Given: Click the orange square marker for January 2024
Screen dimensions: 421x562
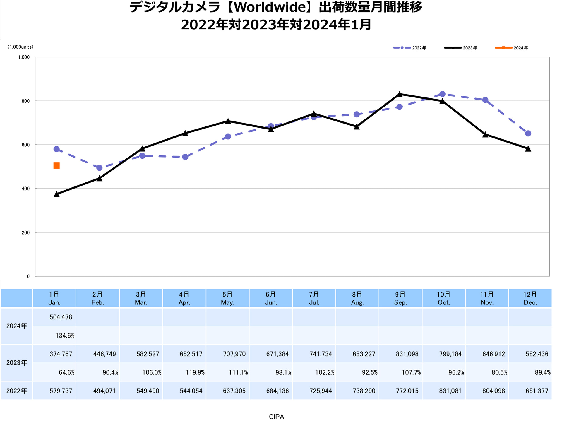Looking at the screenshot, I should coord(56,166).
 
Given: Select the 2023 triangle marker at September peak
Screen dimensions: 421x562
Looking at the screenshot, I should coord(400,94).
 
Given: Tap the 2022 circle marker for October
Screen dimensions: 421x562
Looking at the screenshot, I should coord(442,94).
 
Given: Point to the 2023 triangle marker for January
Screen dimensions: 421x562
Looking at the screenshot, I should coord(56,194).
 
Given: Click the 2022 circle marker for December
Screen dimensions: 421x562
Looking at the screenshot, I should coord(528,134).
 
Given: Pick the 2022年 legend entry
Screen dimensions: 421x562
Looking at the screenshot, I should coord(410,48).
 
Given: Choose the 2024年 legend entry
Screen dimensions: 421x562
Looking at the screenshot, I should coord(511,48).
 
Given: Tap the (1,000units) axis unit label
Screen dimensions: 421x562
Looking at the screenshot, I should coord(20,47).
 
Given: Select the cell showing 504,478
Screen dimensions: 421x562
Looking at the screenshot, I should coord(61,317).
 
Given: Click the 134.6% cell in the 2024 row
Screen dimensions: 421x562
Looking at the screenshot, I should coord(65,336).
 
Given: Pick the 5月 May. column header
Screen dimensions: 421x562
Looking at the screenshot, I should coord(227,298).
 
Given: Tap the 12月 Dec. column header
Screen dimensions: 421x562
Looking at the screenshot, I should coord(530,298).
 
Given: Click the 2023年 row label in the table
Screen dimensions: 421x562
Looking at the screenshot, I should coord(17,363).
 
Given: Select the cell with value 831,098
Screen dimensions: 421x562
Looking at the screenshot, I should coord(407,354).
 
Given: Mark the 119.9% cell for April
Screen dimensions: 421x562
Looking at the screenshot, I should coord(195,372).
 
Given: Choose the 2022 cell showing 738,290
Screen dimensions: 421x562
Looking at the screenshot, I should coord(364,391).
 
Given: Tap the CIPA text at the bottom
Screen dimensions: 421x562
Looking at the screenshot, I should coord(276,416).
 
